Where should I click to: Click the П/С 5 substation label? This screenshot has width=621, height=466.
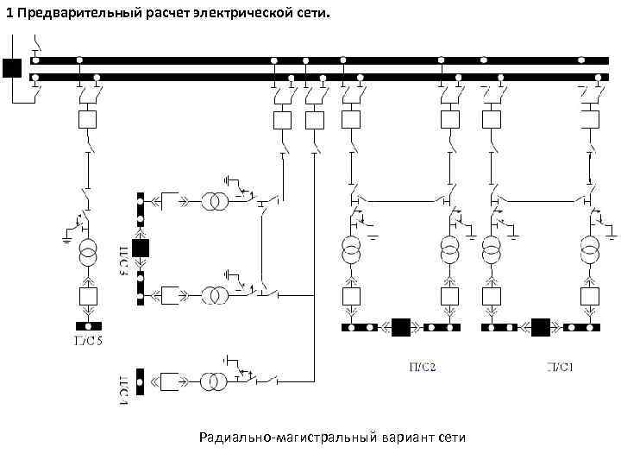point(88,340)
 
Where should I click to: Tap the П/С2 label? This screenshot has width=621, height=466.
point(423,366)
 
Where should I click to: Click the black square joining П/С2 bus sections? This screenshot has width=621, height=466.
point(400,327)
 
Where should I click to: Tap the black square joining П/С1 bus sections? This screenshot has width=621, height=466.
point(541,327)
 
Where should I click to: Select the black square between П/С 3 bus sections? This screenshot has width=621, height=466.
point(141,249)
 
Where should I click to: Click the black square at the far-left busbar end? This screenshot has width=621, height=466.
point(12,68)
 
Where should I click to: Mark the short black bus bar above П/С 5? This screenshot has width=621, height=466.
point(88,326)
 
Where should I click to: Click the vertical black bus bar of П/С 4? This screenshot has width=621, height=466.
point(141,381)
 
